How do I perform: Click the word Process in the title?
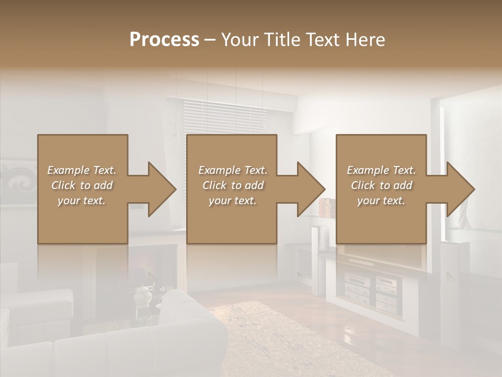[x=164, y=40]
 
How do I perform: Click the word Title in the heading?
[x=282, y=40]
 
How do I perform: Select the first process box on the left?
[x=83, y=220]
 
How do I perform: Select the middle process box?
[x=232, y=220]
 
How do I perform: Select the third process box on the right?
[x=381, y=220]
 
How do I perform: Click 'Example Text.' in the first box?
[x=82, y=170]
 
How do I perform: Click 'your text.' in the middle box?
[x=233, y=201]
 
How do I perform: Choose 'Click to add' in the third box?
[x=381, y=185]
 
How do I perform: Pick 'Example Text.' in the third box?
[x=381, y=170]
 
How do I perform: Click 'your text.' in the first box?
[x=82, y=201]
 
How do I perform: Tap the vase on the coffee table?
[x=142, y=297]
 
